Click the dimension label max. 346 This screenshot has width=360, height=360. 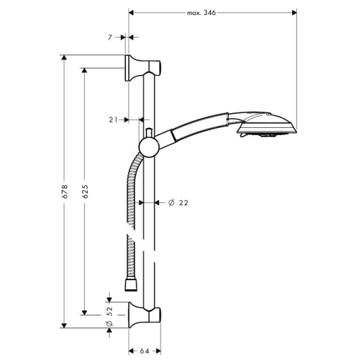[x=201, y=13]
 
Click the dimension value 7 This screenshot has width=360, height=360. [x=110, y=38]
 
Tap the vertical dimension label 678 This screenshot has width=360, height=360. [x=65, y=191]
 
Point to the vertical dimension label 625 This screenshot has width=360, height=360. [x=85, y=191]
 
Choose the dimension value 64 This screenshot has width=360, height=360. [x=144, y=351]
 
